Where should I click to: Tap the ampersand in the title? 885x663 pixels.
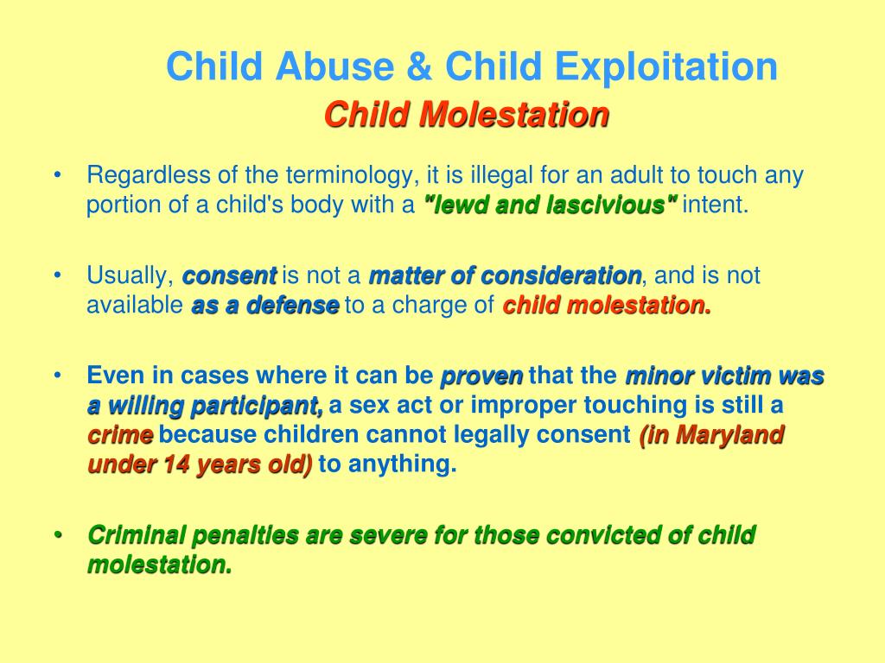pyautogui.click(x=419, y=66)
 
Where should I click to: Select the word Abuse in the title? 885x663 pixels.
pyautogui.click(x=335, y=66)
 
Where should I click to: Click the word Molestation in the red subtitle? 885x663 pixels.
pyautogui.click(x=515, y=115)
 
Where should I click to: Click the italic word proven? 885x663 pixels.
pyautogui.click(x=481, y=376)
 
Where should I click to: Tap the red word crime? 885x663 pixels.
pyautogui.click(x=120, y=435)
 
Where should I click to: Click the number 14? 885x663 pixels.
pyautogui.click(x=175, y=464)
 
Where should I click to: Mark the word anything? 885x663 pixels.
pyautogui.click(x=403, y=464)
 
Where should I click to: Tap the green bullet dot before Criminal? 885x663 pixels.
pyautogui.click(x=57, y=534)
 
